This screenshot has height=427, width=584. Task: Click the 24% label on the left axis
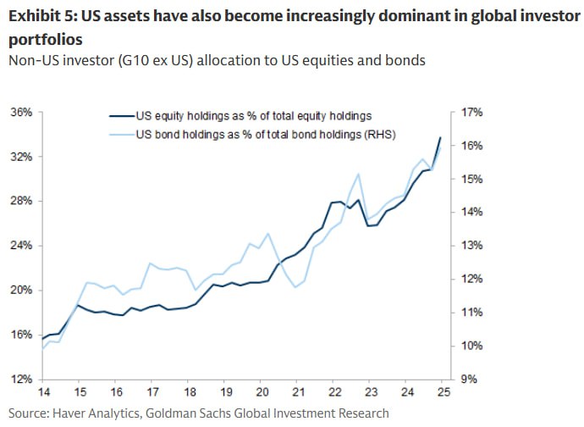point(21,246)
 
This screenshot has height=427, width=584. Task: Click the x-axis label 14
point(41,393)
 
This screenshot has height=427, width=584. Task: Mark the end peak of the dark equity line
point(440,137)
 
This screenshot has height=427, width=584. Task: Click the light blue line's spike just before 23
point(359,174)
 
